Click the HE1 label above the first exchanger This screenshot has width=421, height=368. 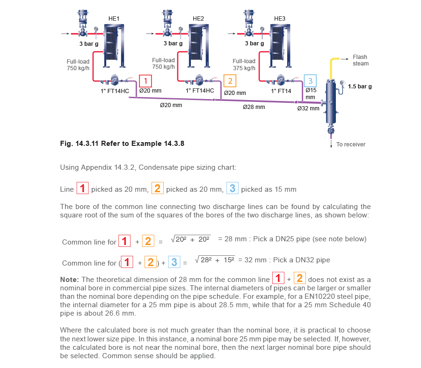[x=114, y=19]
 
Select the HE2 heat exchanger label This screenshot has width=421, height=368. [x=198, y=19]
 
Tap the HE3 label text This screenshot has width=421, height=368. [x=280, y=19]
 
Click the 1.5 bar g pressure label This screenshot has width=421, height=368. [x=360, y=87]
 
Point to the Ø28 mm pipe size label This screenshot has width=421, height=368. [x=254, y=107]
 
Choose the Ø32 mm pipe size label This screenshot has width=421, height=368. [x=308, y=108]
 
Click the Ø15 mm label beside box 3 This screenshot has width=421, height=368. [x=311, y=94]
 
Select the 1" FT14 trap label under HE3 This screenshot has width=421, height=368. [x=283, y=91]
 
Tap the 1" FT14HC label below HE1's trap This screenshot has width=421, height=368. [x=115, y=91]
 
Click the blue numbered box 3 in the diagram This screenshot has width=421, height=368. [x=310, y=80]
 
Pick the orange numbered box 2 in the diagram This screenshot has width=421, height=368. [x=230, y=81]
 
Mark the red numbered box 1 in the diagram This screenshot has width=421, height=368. [x=146, y=81]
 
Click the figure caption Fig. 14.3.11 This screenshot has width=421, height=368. [x=122, y=144]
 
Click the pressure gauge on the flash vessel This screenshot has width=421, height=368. [x=343, y=83]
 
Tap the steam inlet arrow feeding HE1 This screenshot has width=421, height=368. [x=65, y=34]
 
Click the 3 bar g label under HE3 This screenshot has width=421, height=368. [x=254, y=43]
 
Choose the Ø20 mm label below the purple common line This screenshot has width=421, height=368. [x=171, y=105]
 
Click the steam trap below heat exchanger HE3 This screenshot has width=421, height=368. [x=281, y=79]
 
